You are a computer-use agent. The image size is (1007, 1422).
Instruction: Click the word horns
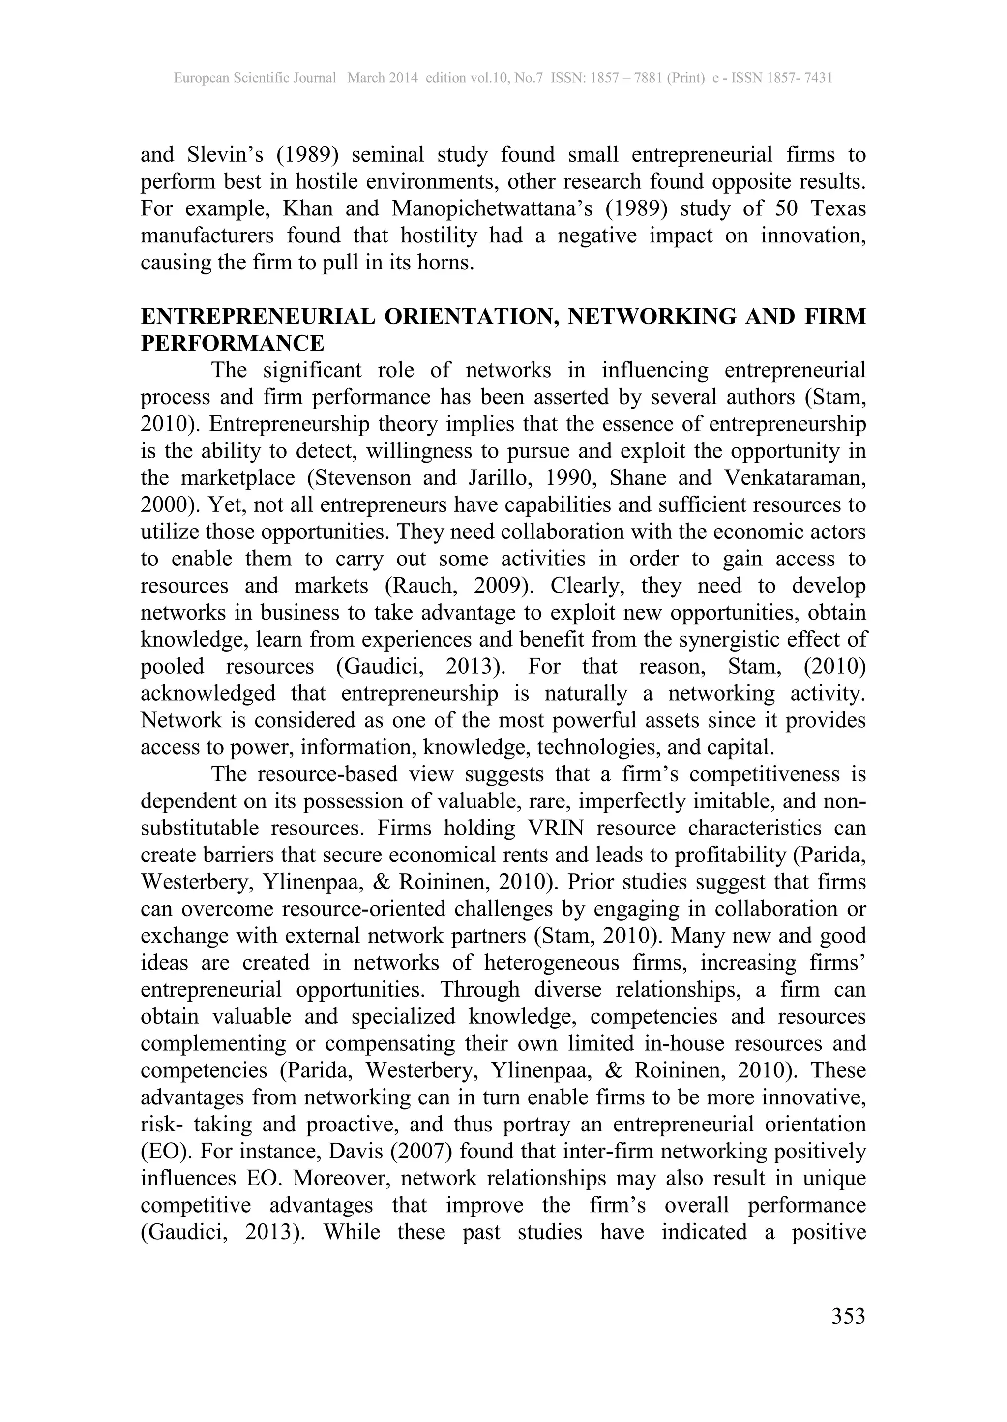click(x=446, y=263)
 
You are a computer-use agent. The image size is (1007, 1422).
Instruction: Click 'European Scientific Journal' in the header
click(x=254, y=78)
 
